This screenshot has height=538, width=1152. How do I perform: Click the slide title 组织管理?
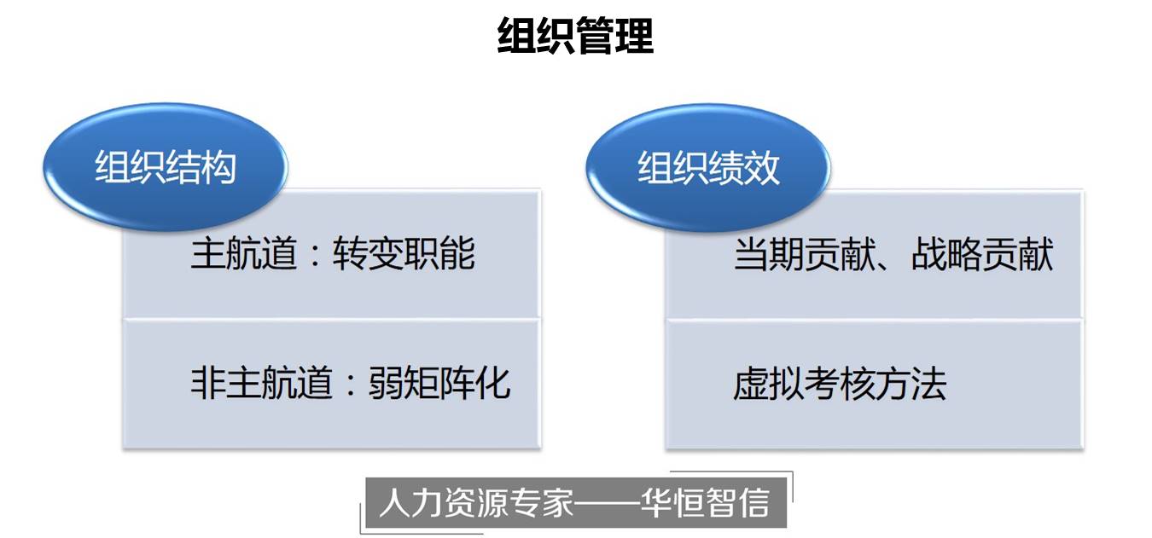[x=575, y=36]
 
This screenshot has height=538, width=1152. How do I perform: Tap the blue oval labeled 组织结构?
[x=165, y=167]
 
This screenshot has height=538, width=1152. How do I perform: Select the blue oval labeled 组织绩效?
[x=708, y=167]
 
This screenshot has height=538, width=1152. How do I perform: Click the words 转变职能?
[x=404, y=253]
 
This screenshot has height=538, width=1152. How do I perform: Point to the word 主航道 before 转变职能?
[x=244, y=253]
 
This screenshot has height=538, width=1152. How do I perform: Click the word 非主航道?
[x=262, y=383]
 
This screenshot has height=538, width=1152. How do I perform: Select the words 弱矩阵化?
[x=439, y=383]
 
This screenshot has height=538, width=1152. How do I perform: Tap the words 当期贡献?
[x=805, y=254]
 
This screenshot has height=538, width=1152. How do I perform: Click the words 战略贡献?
[x=982, y=254]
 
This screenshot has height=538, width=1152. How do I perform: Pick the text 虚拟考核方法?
[x=840, y=384]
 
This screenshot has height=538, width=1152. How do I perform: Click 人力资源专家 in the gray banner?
[x=476, y=502]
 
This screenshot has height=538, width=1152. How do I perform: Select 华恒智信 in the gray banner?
[x=705, y=502]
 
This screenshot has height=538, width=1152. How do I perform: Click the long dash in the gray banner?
[x=607, y=503]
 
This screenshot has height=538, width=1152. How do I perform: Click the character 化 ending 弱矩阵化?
[x=492, y=383]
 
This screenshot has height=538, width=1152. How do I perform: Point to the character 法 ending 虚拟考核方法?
[x=928, y=384]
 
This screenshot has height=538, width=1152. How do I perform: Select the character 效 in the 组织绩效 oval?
[x=762, y=167]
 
